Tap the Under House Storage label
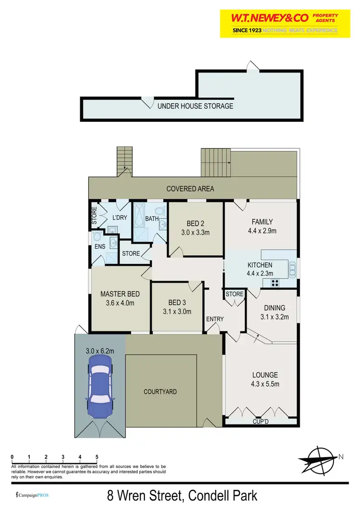coord(195,106)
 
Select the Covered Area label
coord(190,189)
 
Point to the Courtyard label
coord(160,392)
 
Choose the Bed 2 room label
coord(195,224)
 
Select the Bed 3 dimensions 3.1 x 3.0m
coord(177,311)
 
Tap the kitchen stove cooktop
coord(276,283)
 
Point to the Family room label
coord(262,222)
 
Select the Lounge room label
coord(265,375)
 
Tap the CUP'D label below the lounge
coord(262,422)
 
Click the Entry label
coord(215,320)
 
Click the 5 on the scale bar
coord(97,456)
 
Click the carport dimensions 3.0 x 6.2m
coord(100,351)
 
